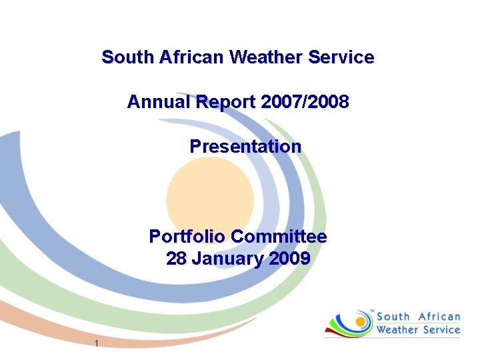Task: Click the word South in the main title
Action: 128,57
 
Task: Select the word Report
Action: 225,103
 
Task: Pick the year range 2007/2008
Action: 305,102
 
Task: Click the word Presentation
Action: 245,145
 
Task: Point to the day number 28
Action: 176,259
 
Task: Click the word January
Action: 225,259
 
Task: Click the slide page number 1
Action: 97,344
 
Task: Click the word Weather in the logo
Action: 398,330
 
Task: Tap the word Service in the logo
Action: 441,330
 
